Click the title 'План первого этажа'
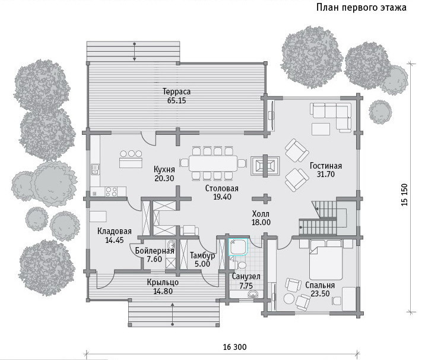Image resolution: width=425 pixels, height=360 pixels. pos(361,7)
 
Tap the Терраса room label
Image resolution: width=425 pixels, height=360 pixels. pos(176,91)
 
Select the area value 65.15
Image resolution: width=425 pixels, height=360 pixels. pos(176,100)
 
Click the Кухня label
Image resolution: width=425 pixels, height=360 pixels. pos(164,169)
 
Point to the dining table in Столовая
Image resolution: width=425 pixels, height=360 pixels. pos(213,163)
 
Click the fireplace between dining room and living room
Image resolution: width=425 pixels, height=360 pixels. pos(265,165)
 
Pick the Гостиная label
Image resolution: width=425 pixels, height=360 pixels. pos(326,166)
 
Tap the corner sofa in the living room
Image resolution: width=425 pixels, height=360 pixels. pos(331,115)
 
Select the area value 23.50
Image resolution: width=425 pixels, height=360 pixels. pos(320,293)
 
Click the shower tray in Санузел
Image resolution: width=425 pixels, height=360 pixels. pos(239,247)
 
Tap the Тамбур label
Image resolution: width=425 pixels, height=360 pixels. pos(202,255)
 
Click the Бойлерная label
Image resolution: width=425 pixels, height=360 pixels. pos(154,251)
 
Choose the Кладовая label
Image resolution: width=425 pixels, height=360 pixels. pos(114,231)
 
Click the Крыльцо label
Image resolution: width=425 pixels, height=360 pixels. pos(163,282)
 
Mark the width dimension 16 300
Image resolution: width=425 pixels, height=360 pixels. pos(234,347)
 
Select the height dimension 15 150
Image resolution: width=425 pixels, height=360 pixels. pos(404,195)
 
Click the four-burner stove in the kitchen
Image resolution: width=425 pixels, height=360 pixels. pos(112,192)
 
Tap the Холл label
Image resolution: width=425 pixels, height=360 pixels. pos(261,213)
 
